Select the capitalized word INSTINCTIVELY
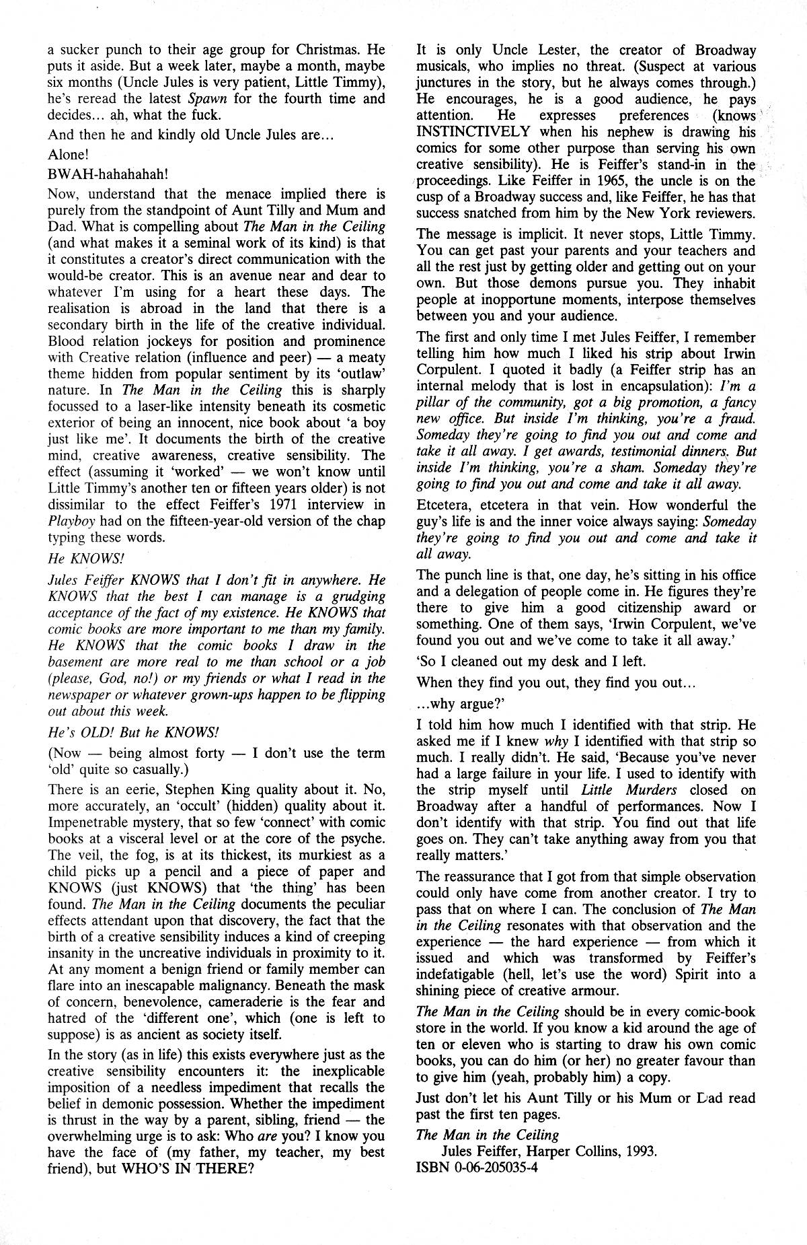coord(474,132)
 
